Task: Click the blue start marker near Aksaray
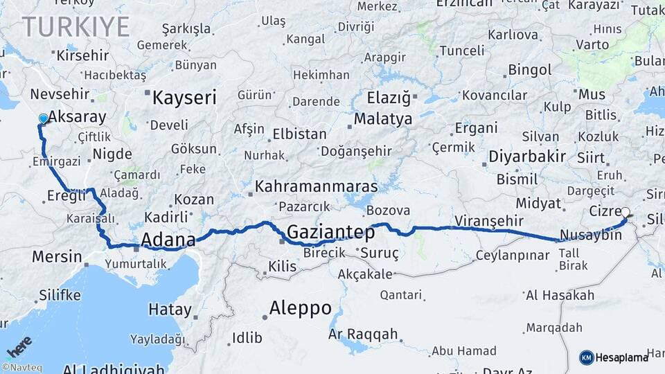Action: (x=44, y=118)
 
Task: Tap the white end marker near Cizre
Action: (x=626, y=213)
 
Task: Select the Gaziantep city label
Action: (x=330, y=232)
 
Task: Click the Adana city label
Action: (x=168, y=240)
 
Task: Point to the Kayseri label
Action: (x=184, y=97)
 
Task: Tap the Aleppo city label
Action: (x=300, y=308)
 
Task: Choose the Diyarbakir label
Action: (x=527, y=156)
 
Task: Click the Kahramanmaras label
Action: (x=316, y=186)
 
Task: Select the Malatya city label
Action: (x=383, y=119)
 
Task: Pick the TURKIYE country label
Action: (x=76, y=27)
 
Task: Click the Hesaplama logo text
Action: (x=621, y=357)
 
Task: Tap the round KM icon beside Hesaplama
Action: (x=586, y=357)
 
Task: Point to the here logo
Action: (x=19, y=346)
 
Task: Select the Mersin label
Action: (x=57, y=256)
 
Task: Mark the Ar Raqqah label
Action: (x=363, y=335)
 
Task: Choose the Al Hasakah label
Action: (x=560, y=295)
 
